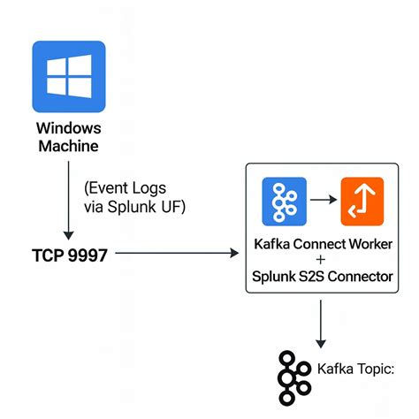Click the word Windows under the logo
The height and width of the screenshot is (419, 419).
coord(67,126)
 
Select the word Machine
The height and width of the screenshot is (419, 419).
coord(67,144)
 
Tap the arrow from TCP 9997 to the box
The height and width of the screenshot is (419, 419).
coord(177,255)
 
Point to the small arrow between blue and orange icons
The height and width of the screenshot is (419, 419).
coord(324,199)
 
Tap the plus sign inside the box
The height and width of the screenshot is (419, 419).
coord(321,260)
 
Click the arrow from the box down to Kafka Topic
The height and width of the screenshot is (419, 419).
coord(321,324)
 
